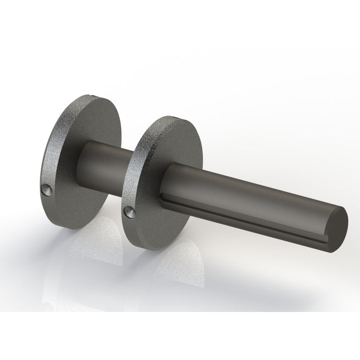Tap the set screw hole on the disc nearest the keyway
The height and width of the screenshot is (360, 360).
pos(128,211)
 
